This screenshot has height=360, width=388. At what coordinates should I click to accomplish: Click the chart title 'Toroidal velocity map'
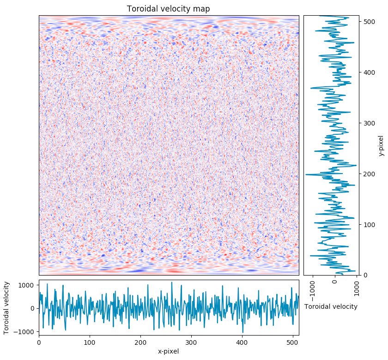[169, 9]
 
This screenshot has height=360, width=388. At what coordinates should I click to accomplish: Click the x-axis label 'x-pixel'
[169, 351]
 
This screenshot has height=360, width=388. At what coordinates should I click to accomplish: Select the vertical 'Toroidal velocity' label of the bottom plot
[6, 308]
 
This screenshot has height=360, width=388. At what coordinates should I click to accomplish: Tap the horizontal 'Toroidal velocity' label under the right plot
[331, 306]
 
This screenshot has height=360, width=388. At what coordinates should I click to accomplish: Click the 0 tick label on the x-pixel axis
[39, 342]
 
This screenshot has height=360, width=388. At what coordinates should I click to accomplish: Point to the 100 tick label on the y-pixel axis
[368, 225]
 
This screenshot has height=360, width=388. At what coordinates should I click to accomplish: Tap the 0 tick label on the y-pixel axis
[365, 276]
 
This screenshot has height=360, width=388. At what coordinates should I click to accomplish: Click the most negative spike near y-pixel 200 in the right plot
[306, 174]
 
